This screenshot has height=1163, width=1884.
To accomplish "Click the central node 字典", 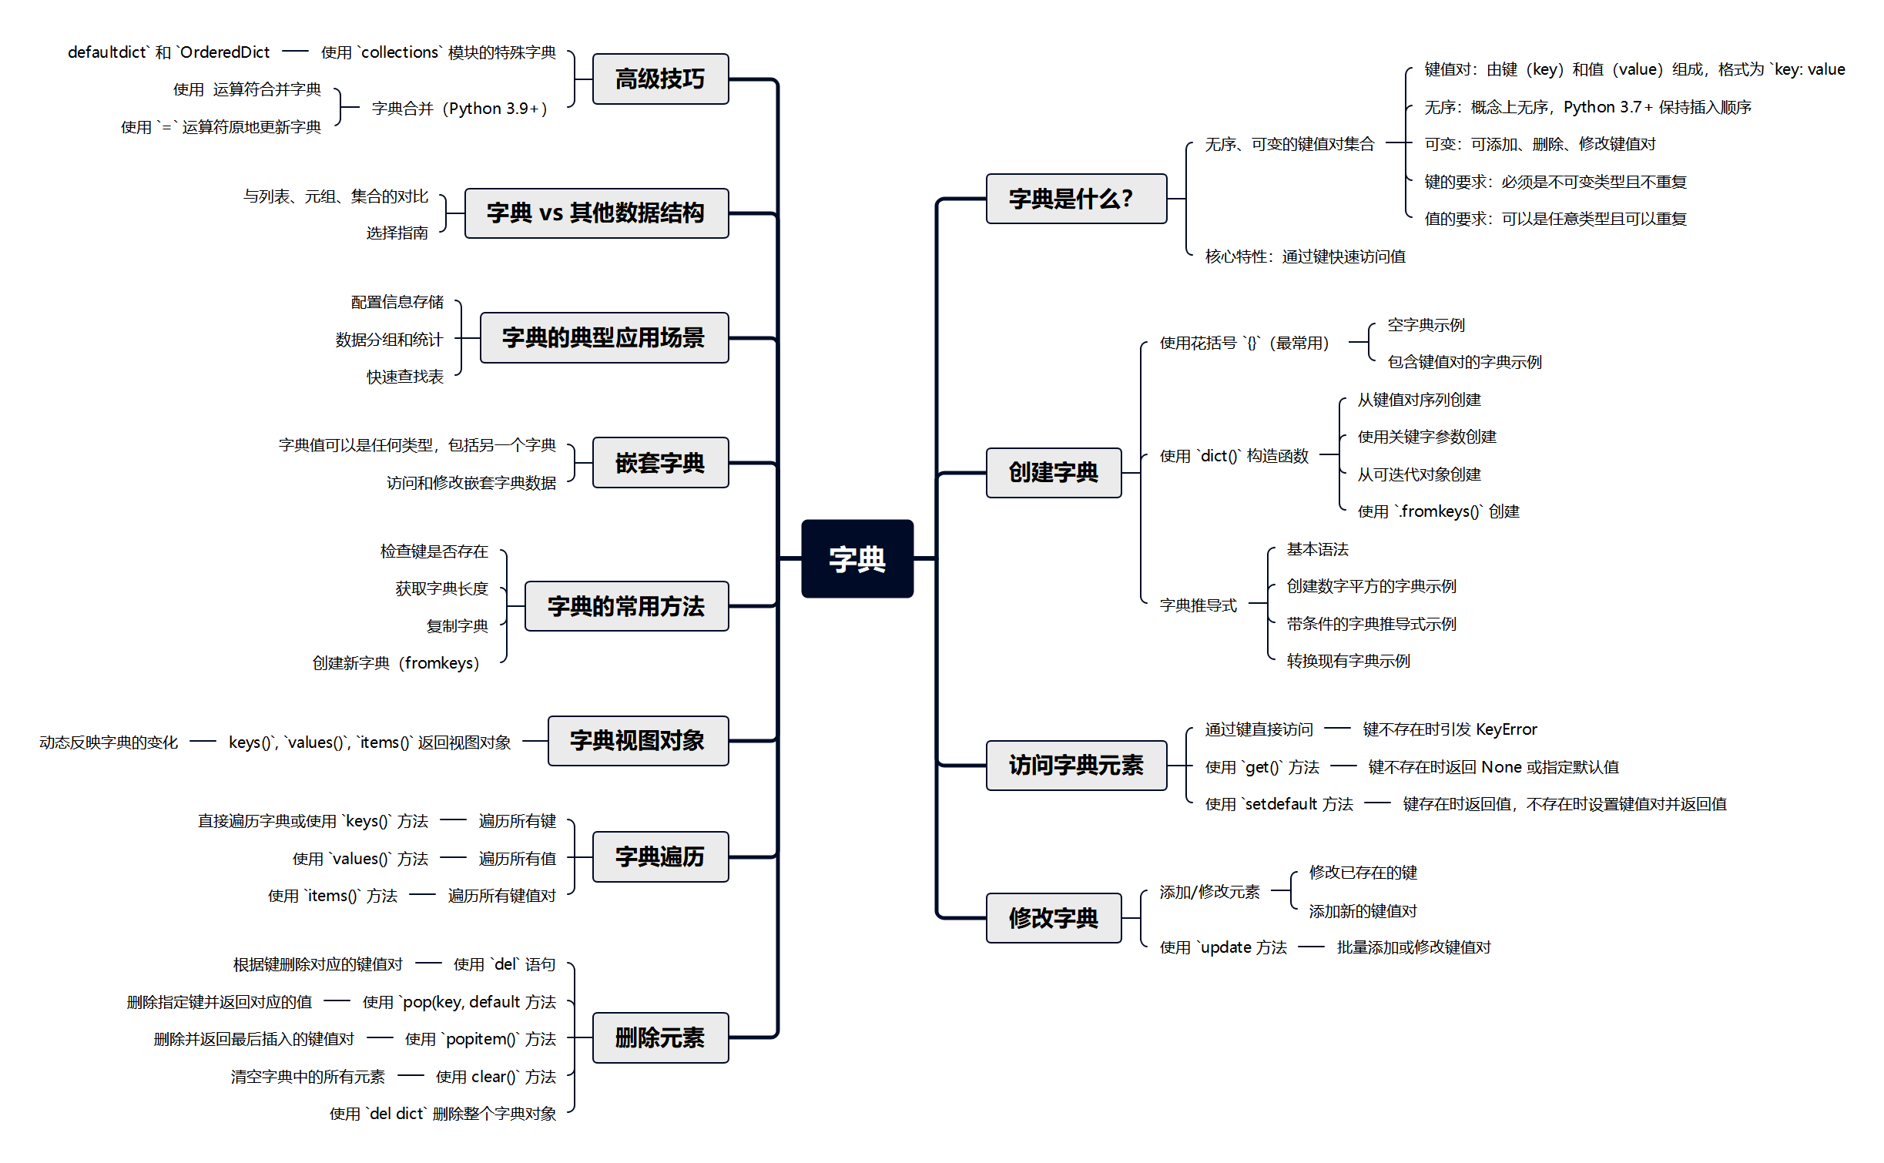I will [x=857, y=558].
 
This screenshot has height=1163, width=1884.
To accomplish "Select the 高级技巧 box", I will [x=660, y=79].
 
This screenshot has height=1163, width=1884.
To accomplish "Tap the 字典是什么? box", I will [x=1075, y=199].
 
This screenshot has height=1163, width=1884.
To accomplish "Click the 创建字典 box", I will [x=1053, y=472].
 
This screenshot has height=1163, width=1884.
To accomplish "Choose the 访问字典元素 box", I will [x=1075, y=765].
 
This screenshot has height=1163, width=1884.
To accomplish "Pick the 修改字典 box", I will [x=1053, y=917].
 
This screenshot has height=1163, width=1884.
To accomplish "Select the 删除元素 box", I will [x=660, y=1037].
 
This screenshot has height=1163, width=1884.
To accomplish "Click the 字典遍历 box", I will [x=660, y=856].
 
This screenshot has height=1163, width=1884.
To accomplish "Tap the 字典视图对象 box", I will [x=638, y=741].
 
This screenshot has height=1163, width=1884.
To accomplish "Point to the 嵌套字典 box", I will [x=660, y=463].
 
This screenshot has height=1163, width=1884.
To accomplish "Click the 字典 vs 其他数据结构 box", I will [x=595, y=213].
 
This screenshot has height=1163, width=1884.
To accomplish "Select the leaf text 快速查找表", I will [x=405, y=377].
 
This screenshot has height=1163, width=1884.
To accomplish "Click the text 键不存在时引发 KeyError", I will [x=1450, y=729].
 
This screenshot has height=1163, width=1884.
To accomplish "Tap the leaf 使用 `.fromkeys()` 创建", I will [x=1438, y=511].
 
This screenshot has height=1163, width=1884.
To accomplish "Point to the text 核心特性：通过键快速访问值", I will [x=1305, y=256].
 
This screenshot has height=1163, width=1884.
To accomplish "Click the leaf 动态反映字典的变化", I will [x=109, y=742].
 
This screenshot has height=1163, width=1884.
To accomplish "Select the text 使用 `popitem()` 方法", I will [x=480, y=1039].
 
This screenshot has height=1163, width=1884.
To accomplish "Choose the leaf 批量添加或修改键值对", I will [x=1413, y=947].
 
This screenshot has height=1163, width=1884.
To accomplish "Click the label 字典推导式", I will [x=1198, y=605].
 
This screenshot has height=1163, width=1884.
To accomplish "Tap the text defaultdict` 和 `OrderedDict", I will [x=169, y=52].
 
